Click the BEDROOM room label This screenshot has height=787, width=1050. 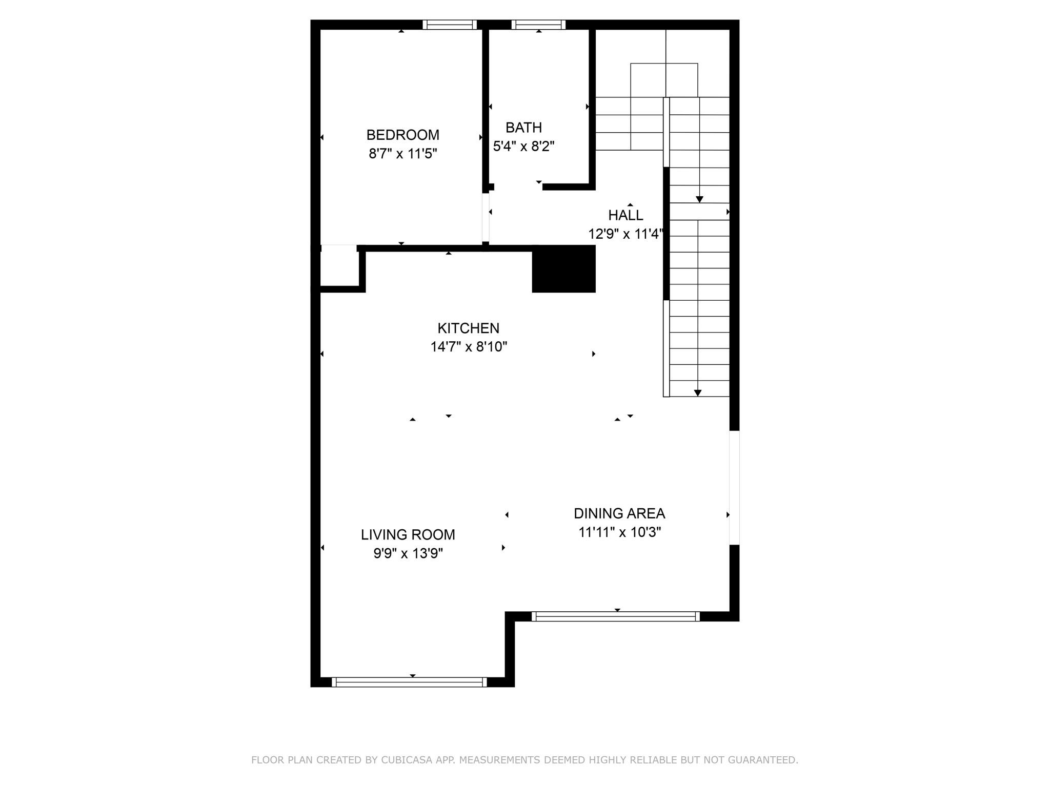click(x=402, y=135)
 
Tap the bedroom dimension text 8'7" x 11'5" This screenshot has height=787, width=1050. click(x=402, y=154)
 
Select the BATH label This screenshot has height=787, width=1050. click(x=523, y=127)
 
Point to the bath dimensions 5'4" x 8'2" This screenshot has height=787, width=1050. click(x=523, y=147)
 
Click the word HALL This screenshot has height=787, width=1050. click(x=625, y=215)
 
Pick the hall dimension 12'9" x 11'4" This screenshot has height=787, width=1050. click(x=625, y=234)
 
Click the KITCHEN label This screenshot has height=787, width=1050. click(x=468, y=328)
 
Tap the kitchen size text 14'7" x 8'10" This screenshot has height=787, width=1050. click(x=468, y=347)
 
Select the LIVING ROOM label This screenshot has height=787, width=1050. click(x=408, y=534)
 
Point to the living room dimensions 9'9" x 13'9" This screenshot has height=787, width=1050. click(x=408, y=553)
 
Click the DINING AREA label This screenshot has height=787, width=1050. click(x=619, y=513)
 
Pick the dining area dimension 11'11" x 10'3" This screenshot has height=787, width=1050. click(x=619, y=532)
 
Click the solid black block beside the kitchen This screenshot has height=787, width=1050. click(x=563, y=269)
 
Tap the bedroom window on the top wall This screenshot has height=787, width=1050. click(x=450, y=25)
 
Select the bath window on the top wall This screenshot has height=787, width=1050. click(x=538, y=25)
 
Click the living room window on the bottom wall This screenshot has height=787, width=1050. click(x=409, y=682)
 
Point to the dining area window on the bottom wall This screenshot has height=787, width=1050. click(x=615, y=616)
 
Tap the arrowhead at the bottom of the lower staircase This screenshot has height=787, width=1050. click(x=697, y=393)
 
